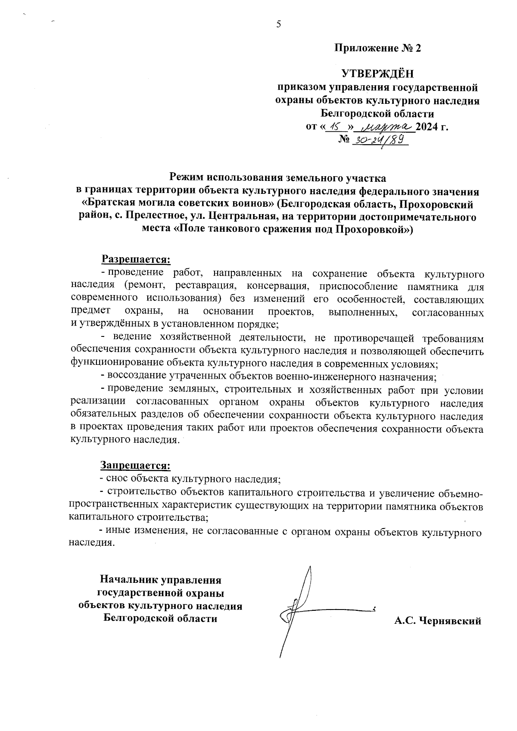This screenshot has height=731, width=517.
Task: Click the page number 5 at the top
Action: click(279, 24)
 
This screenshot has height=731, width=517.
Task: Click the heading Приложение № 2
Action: click(377, 48)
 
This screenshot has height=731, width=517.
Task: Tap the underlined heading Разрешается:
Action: click(136, 259)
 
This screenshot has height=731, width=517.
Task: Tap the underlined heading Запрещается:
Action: click(136, 465)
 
